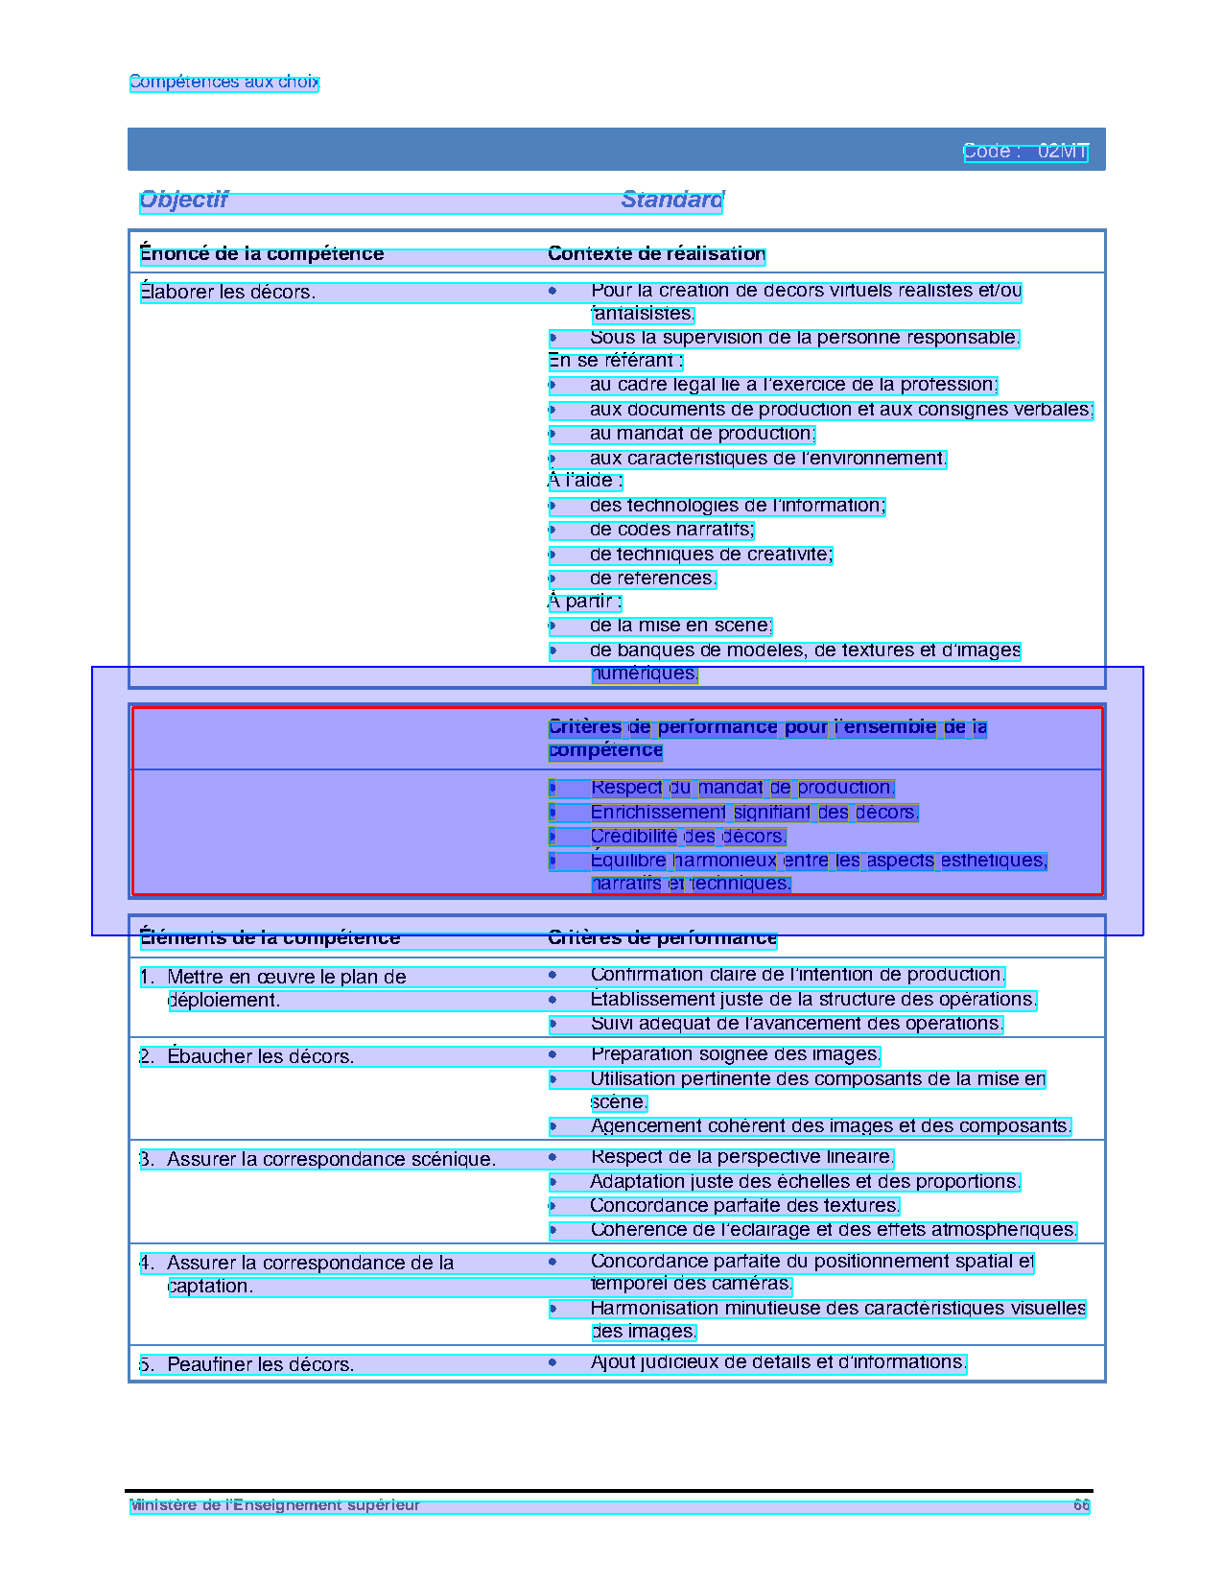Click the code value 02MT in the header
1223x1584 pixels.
coord(1063,152)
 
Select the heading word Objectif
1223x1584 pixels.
coord(183,200)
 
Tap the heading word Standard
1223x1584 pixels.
coord(672,200)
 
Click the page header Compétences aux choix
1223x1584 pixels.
coord(223,83)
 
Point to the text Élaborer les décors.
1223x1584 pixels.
coord(227,292)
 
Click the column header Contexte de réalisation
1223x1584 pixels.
coord(656,254)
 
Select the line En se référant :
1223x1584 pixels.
coord(615,361)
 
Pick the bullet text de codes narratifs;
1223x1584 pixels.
coord(671,530)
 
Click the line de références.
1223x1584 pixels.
coord(652,579)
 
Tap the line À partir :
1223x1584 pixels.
coord(584,602)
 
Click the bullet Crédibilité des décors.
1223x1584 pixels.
coord(688,837)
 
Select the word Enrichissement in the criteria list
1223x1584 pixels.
coord(658,813)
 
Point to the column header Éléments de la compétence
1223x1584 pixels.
coord(270,937)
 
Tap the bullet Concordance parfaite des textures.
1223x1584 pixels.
coord(744,1205)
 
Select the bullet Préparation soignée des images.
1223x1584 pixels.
coord(735,1054)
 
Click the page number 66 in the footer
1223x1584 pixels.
coord(1081,1505)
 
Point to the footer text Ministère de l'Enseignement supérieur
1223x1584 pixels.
coord(275,1505)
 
